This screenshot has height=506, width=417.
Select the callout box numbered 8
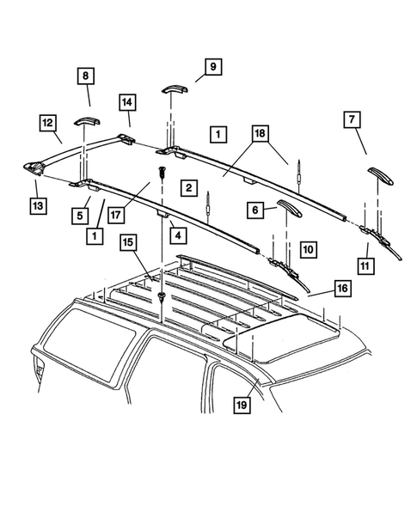pos(87,76)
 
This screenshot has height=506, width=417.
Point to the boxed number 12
pos(48,123)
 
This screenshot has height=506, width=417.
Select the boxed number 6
pos(254,209)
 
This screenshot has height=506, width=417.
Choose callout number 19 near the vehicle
pos(242,399)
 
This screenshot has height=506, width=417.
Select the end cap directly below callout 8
pos(87,119)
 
